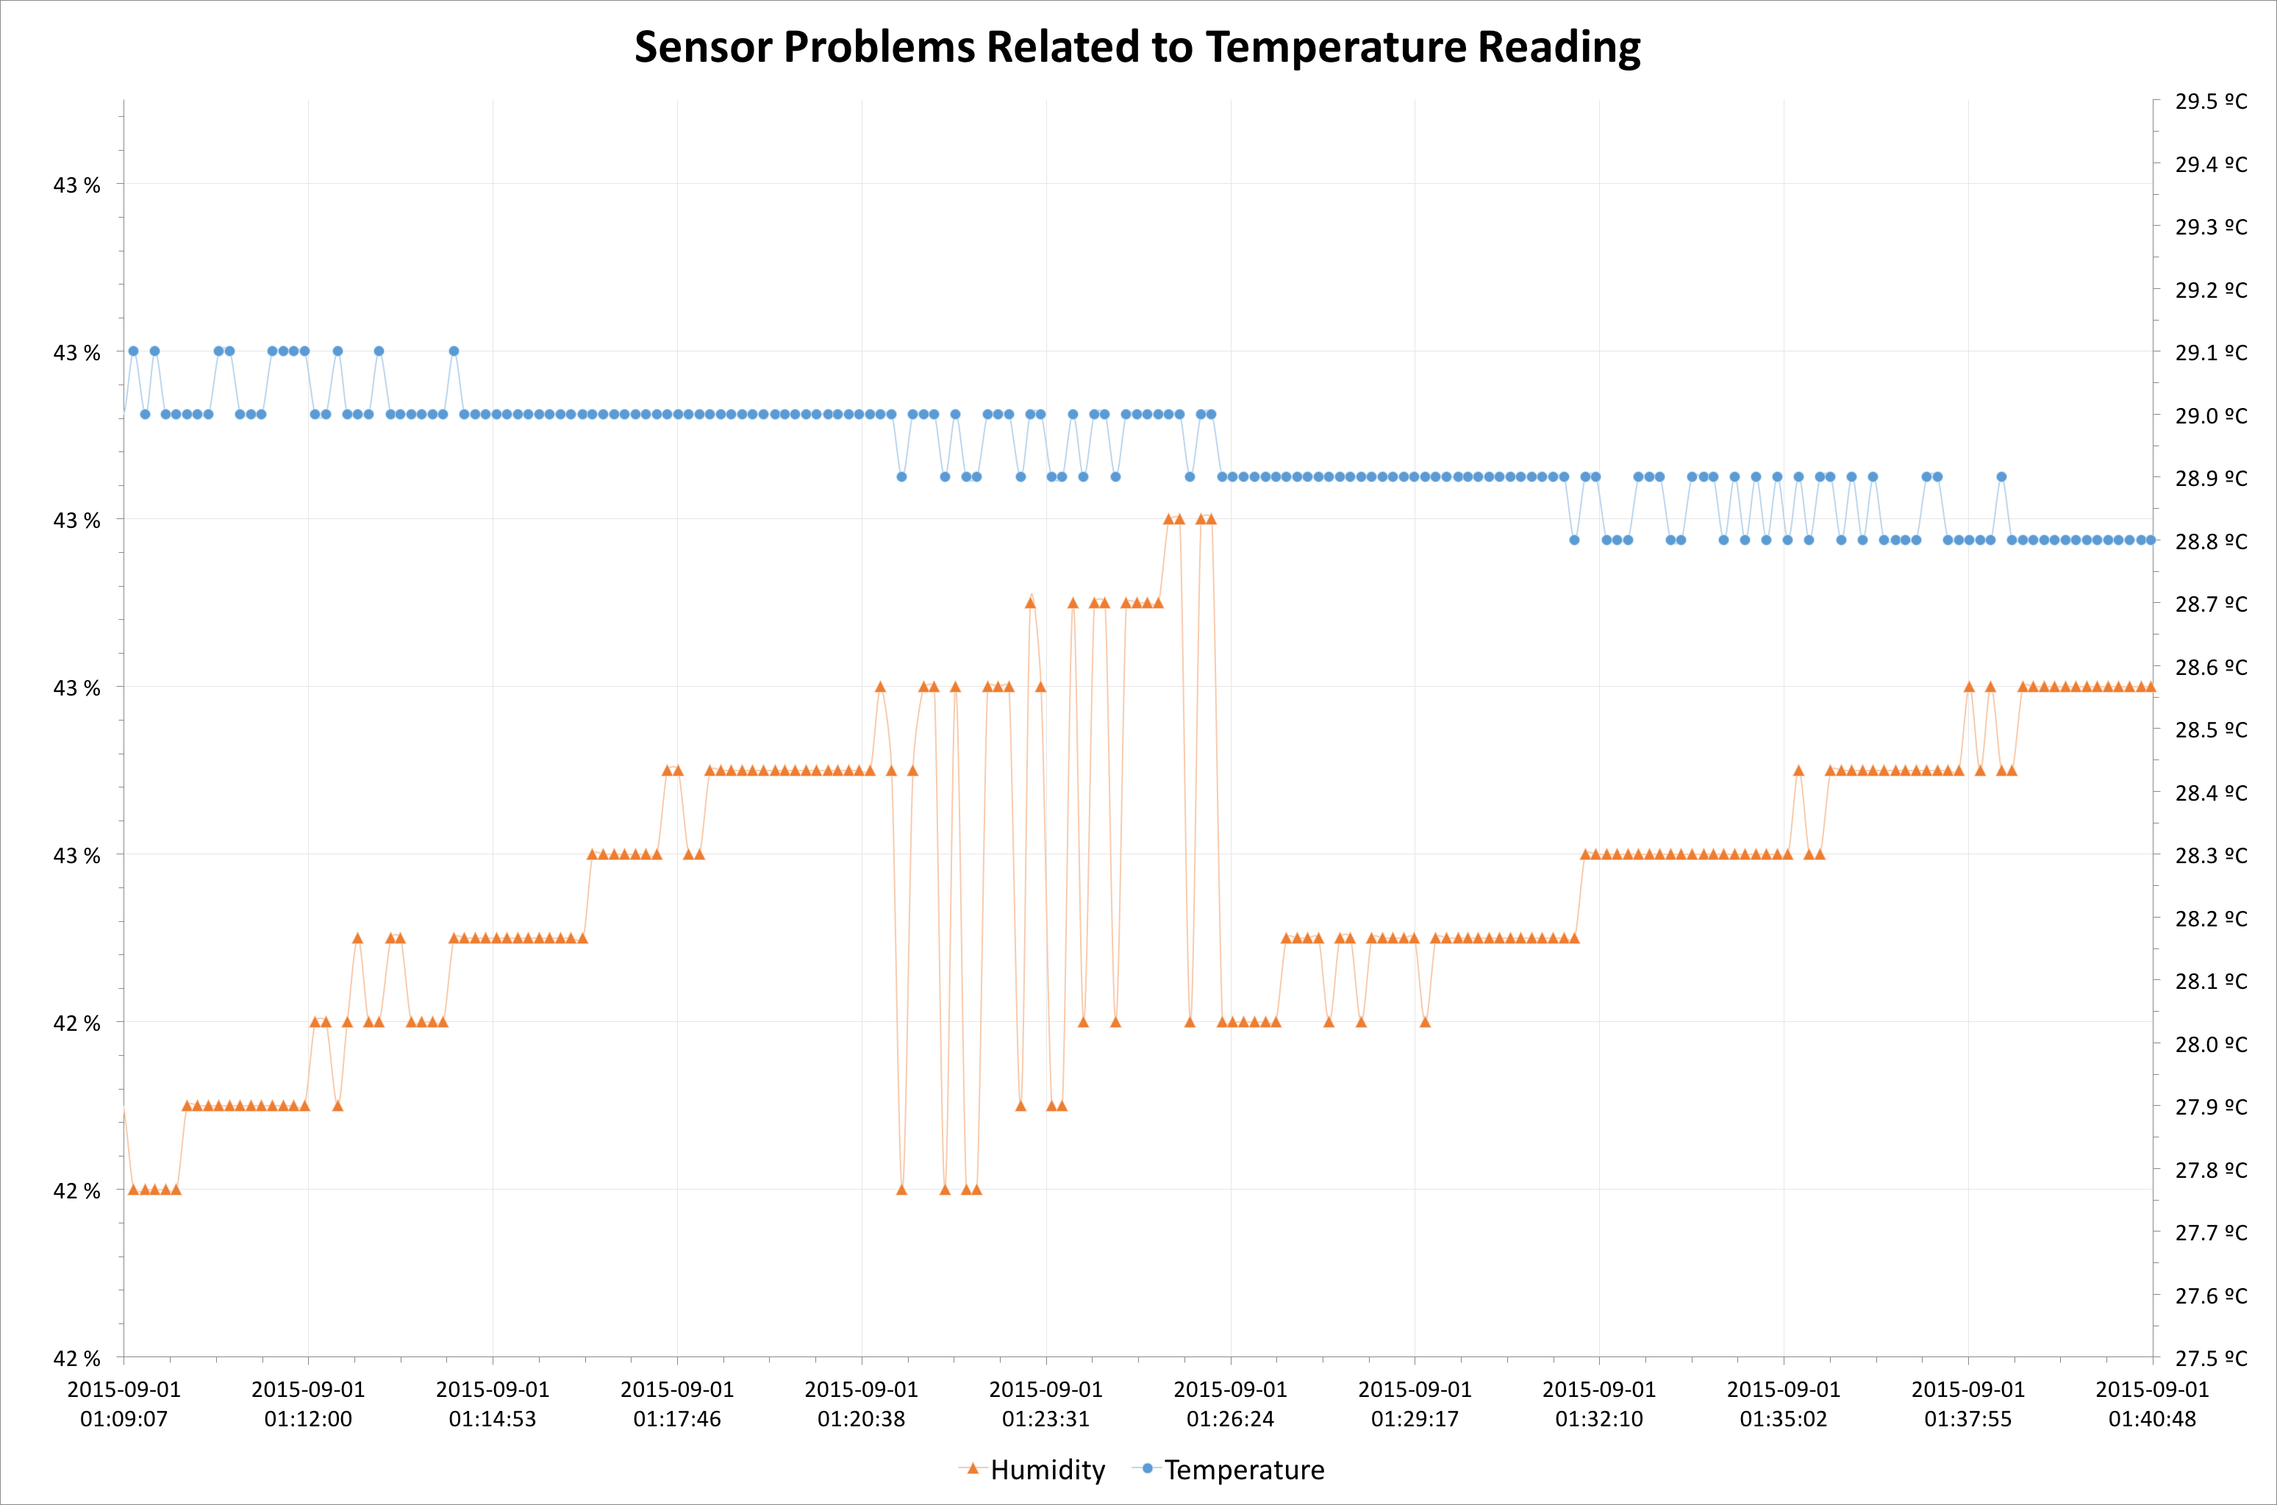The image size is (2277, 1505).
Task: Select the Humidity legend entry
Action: [x=1047, y=1470]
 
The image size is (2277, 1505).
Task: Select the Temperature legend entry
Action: [x=1243, y=1470]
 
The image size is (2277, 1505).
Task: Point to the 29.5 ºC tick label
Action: [x=2211, y=101]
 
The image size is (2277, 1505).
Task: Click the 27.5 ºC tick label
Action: [x=2211, y=1358]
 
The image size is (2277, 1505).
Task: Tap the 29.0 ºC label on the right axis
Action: [x=2211, y=415]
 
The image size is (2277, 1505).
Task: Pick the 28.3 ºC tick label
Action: [x=2211, y=855]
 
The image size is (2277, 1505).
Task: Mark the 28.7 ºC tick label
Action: [x=2211, y=604]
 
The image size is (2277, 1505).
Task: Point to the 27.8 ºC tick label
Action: [x=2211, y=1170]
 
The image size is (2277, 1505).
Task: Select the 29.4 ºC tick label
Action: [x=2211, y=164]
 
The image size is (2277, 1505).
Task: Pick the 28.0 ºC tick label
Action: [x=2211, y=1044]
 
